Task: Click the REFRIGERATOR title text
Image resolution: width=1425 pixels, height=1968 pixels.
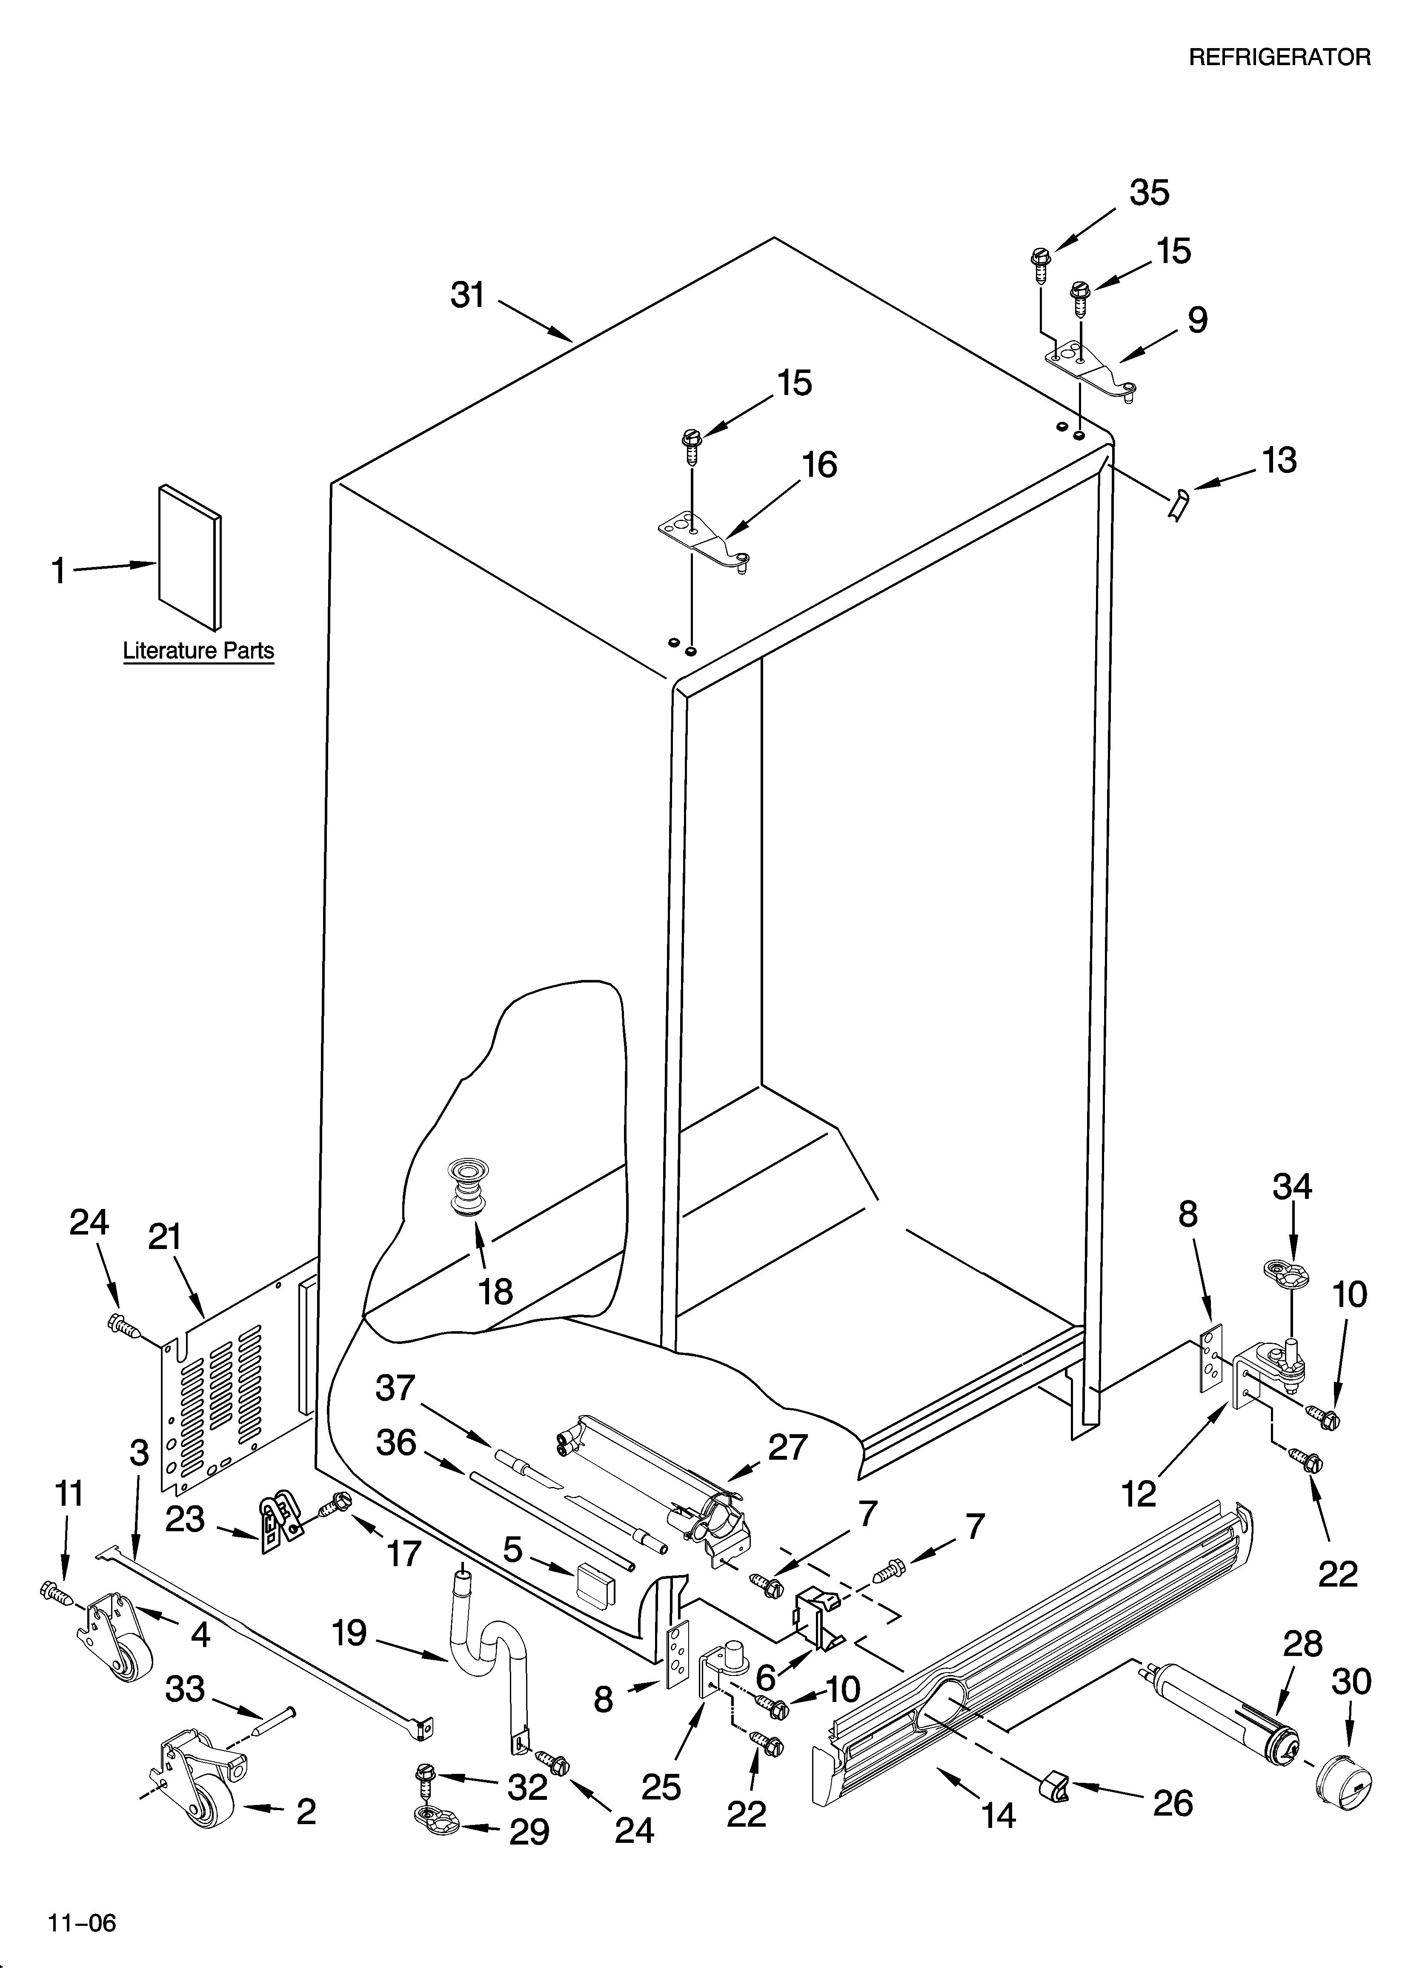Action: click(1279, 57)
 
